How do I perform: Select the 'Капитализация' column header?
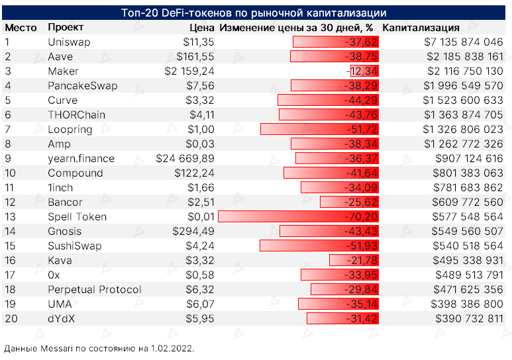[421, 28]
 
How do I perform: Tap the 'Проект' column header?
[66, 28]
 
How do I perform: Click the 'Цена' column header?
[201, 28]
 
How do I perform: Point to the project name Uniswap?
[69, 42]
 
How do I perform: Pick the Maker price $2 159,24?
[189, 71]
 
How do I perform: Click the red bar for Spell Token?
[298, 217]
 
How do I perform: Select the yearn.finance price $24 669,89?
[185, 159]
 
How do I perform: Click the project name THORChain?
[76, 115]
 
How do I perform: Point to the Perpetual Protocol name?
[95, 290]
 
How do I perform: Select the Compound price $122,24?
[193, 173]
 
